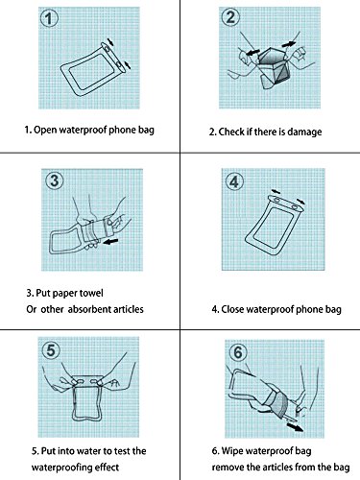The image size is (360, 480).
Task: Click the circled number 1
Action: tap(49, 18)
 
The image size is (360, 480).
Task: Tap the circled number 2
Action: tap(230, 17)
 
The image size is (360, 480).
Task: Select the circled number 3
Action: tap(55, 180)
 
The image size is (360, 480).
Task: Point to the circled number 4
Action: tap(234, 181)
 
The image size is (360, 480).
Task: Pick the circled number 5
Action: tap(51, 350)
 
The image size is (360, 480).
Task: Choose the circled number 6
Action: tap(238, 352)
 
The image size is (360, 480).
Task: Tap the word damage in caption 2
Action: tap(304, 132)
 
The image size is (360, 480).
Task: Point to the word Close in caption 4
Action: tap(232, 309)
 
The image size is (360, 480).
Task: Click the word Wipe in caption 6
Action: tap(232, 451)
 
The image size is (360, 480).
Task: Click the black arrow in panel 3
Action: tap(111, 241)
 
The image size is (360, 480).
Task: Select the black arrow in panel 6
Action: tap(295, 427)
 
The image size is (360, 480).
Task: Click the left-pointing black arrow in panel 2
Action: tap(252, 52)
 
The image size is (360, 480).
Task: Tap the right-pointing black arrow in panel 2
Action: tap(289, 43)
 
